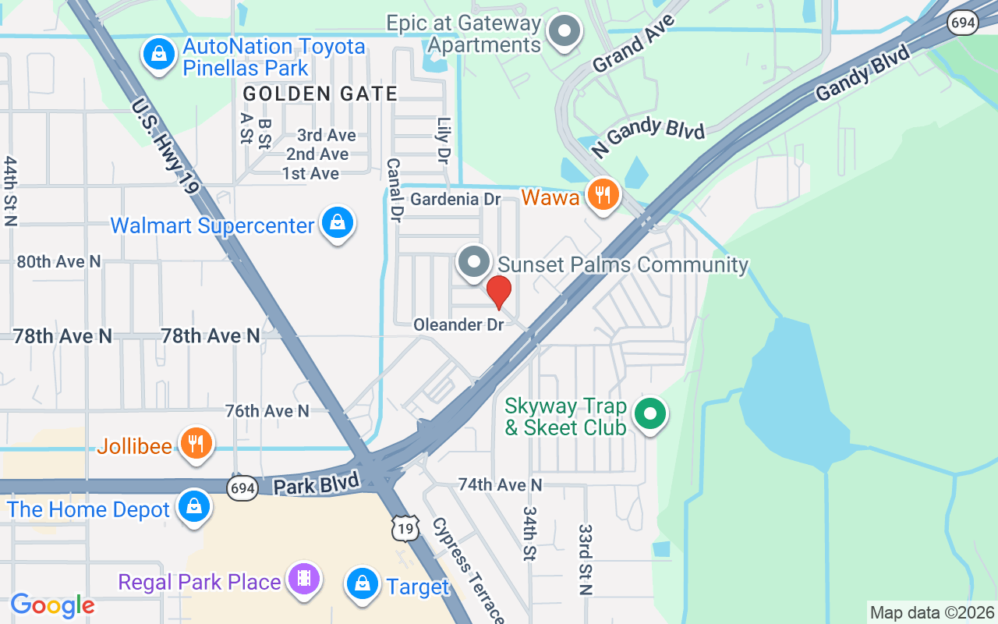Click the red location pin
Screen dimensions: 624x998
pos(498,292)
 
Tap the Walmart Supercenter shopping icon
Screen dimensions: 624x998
pos(338,223)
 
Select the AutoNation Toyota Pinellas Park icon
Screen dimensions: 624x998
pos(159,54)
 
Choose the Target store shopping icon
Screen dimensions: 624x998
pos(363,584)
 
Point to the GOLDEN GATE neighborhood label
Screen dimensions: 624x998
pos(320,94)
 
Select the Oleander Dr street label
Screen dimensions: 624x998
pos(458,324)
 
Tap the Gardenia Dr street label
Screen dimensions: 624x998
pos(455,200)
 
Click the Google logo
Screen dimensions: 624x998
pos(52,605)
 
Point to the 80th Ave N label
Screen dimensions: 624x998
pos(59,262)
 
